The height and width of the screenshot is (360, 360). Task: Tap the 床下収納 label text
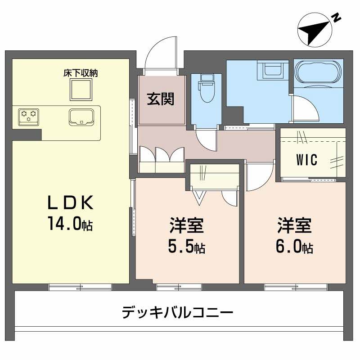point(81,73)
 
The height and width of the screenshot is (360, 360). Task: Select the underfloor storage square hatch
point(81,90)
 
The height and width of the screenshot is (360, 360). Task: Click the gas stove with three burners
point(29,116)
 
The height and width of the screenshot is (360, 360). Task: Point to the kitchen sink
point(81,117)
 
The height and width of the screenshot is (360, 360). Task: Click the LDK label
point(71,203)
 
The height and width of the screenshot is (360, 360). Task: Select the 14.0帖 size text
point(71,224)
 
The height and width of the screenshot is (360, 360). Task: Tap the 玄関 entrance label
point(161,99)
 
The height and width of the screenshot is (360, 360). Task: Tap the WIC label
point(307,159)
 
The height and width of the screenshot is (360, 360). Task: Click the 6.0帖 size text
point(295,246)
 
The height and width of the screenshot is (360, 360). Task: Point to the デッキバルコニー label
point(178,312)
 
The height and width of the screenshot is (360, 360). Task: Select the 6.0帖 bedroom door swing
point(259,178)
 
